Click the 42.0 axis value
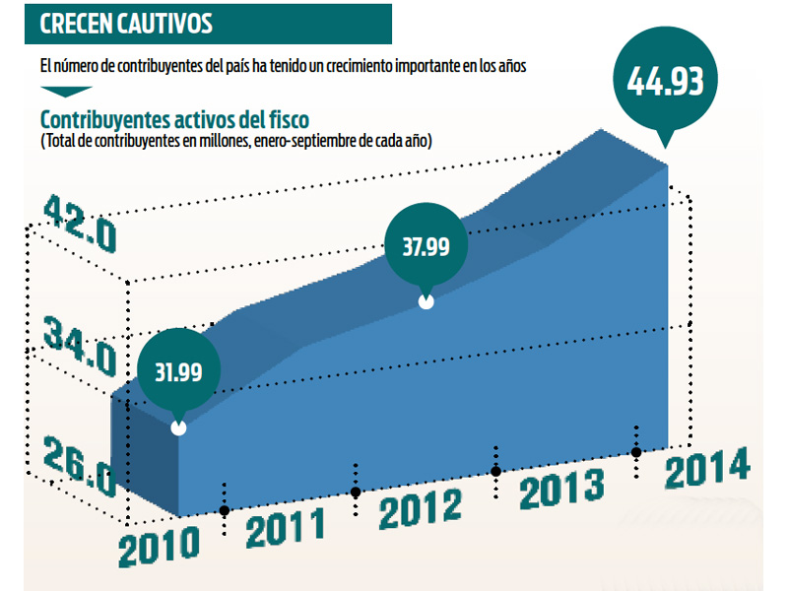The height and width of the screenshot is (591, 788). pos(80,225)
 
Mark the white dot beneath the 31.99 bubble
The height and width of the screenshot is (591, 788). pos(178,428)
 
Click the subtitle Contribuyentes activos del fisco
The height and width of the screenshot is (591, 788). pos(174,119)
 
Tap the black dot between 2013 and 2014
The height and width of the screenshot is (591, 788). pos(637,451)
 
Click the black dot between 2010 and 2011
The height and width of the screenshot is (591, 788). pos(225,510)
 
